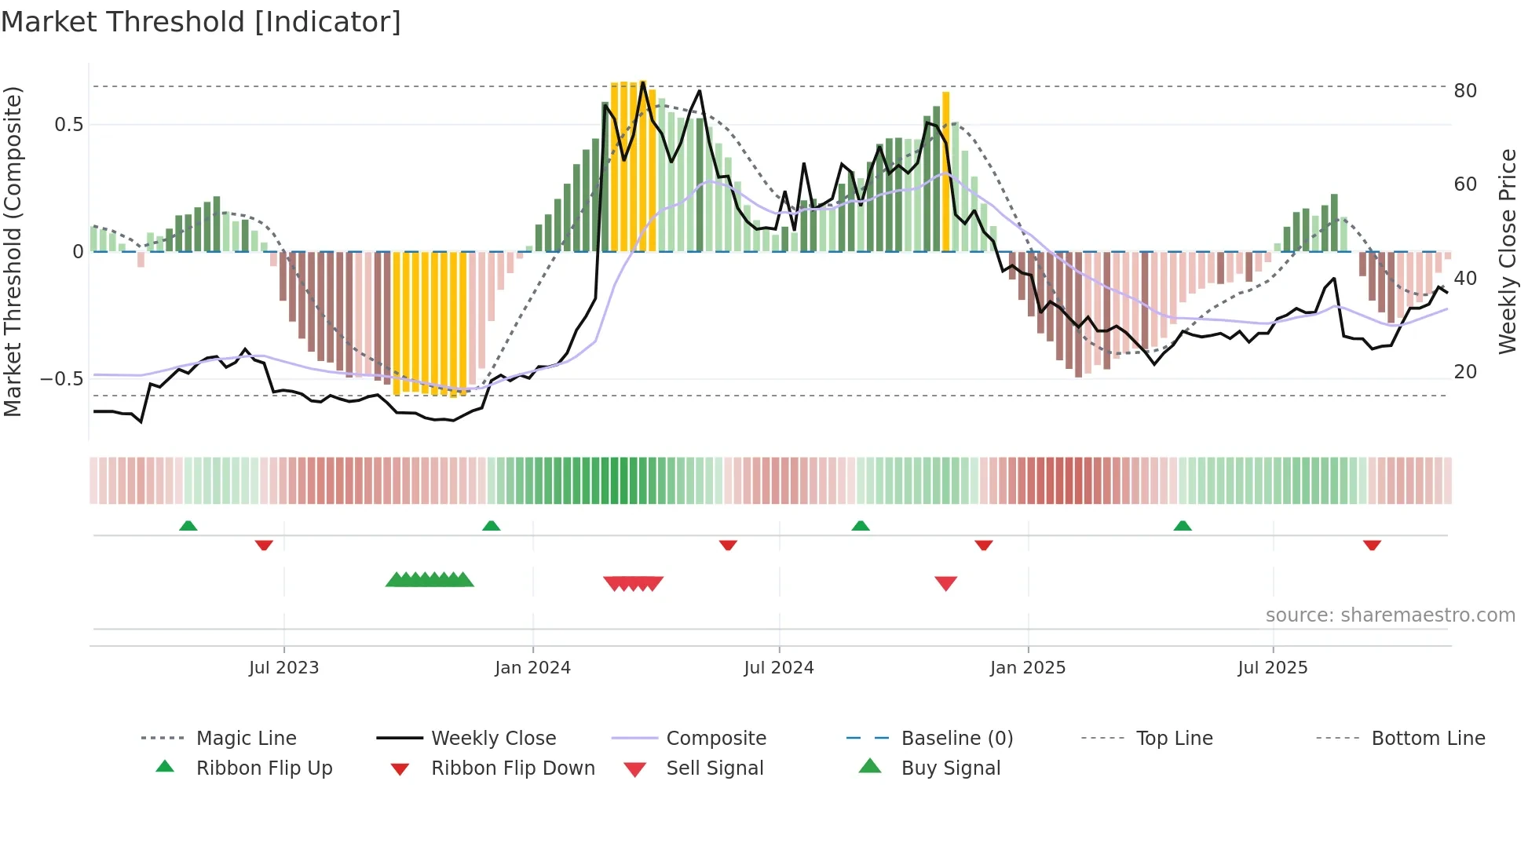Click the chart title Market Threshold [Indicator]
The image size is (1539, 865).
coord(201,22)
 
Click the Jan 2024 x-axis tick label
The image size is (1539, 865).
coord(532,668)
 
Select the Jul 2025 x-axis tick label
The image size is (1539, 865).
coord(1272,668)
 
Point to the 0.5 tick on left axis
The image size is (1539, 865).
coord(69,125)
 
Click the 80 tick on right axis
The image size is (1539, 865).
coord(1464,91)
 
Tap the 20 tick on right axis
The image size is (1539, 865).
coord(1464,372)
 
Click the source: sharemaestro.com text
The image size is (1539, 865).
coord(1390,615)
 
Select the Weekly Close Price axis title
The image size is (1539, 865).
coord(1507,251)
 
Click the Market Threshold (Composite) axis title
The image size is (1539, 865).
coord(13,251)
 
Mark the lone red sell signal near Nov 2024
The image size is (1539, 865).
coord(945,583)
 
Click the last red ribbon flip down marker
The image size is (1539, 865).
coord(1372,545)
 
